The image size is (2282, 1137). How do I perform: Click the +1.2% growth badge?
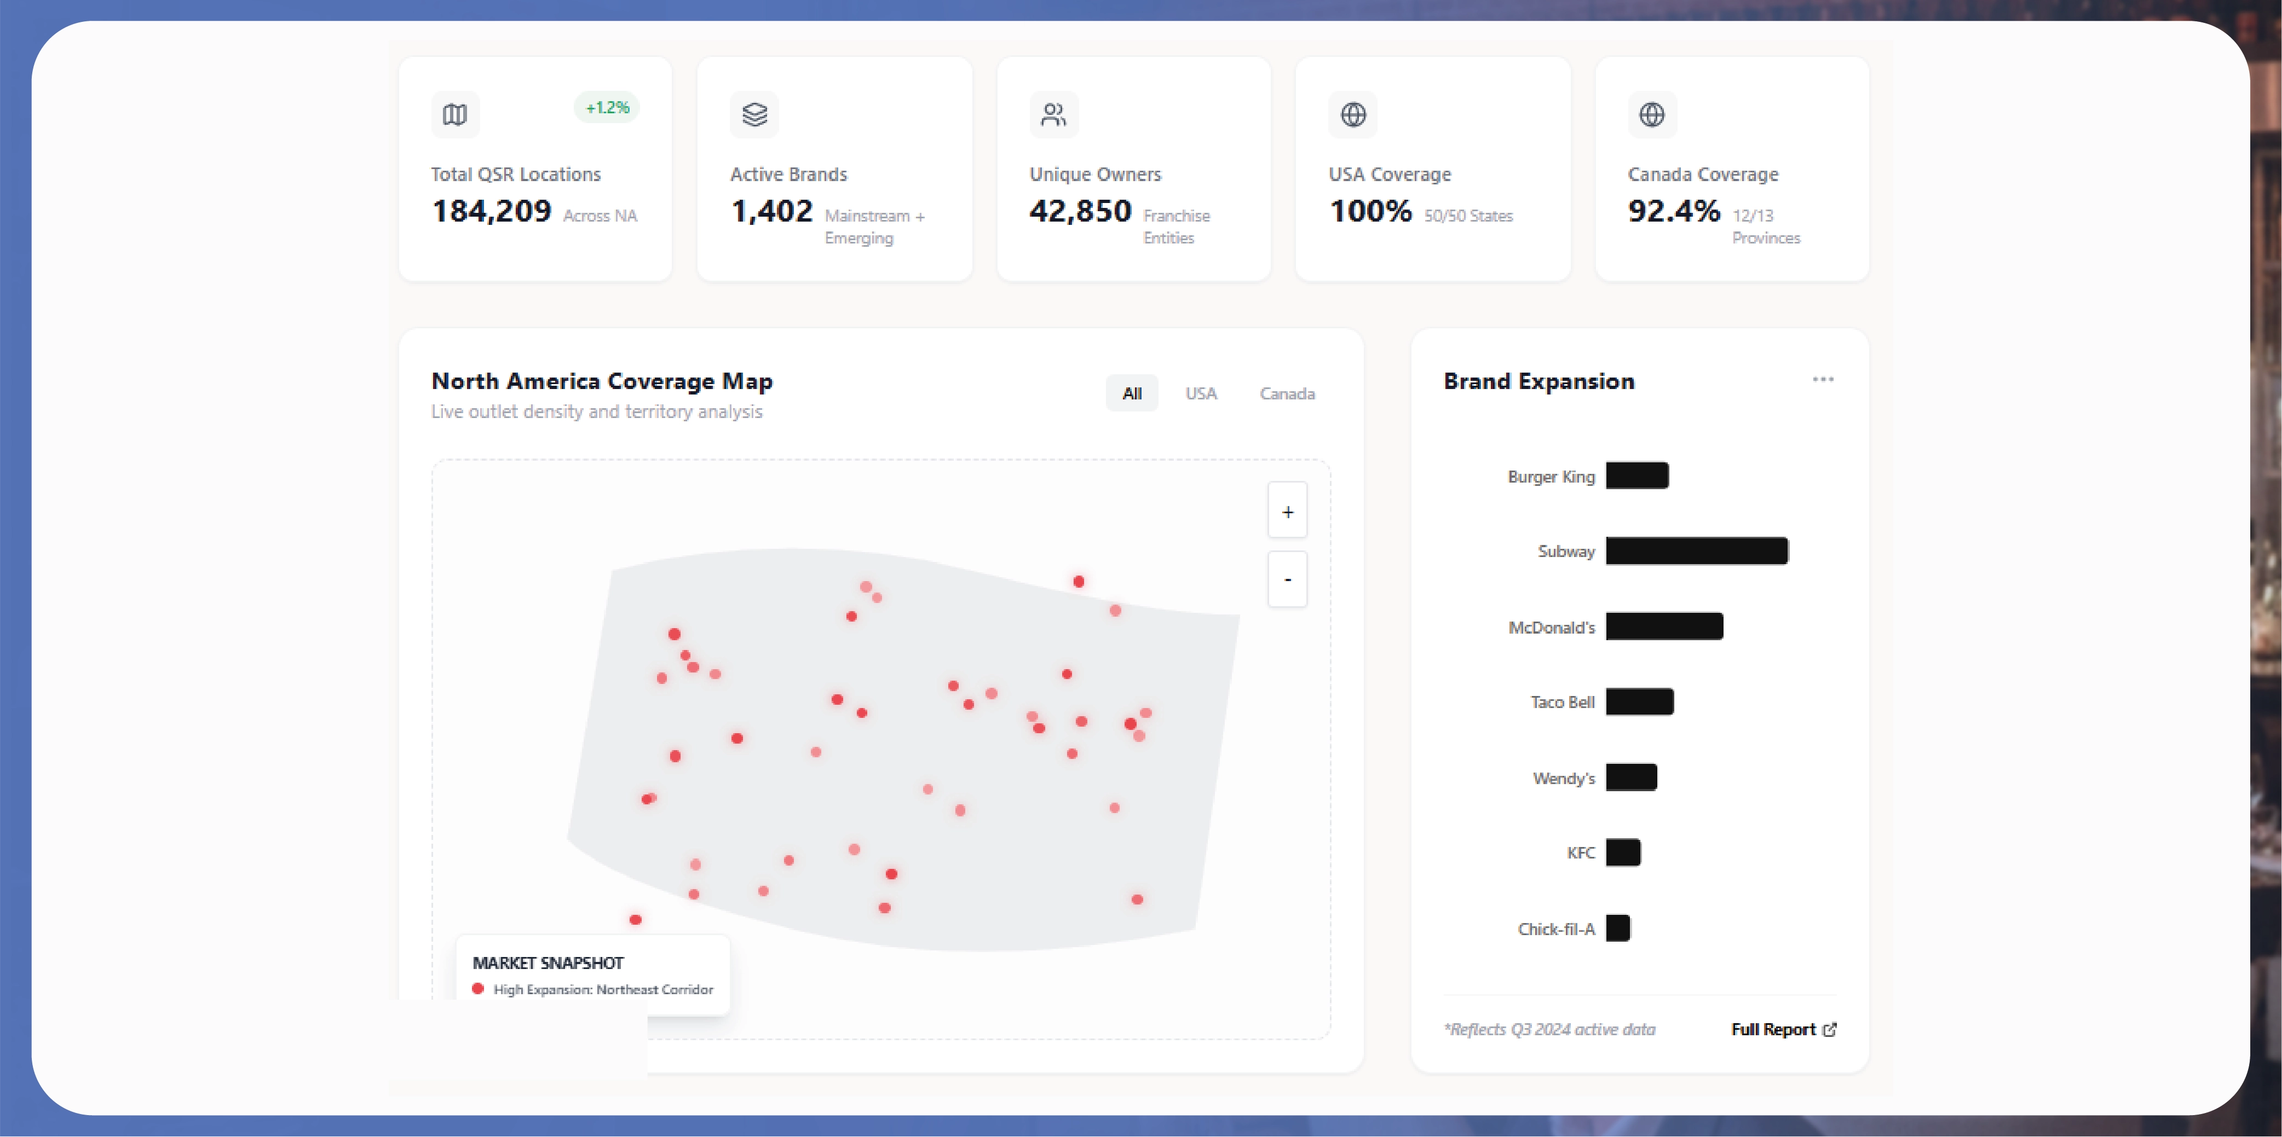click(607, 108)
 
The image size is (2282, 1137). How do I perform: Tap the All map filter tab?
click(1131, 393)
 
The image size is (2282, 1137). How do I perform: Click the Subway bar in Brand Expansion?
click(1696, 551)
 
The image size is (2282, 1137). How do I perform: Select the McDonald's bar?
click(1664, 626)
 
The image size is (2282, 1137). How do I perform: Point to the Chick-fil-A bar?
click(1617, 928)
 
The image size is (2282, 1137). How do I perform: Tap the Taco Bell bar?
click(1639, 701)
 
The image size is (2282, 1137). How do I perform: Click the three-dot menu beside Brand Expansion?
click(1822, 380)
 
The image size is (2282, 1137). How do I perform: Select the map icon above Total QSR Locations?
click(454, 115)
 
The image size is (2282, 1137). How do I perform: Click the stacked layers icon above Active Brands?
click(754, 115)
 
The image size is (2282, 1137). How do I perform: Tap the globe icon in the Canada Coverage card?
click(1651, 115)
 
